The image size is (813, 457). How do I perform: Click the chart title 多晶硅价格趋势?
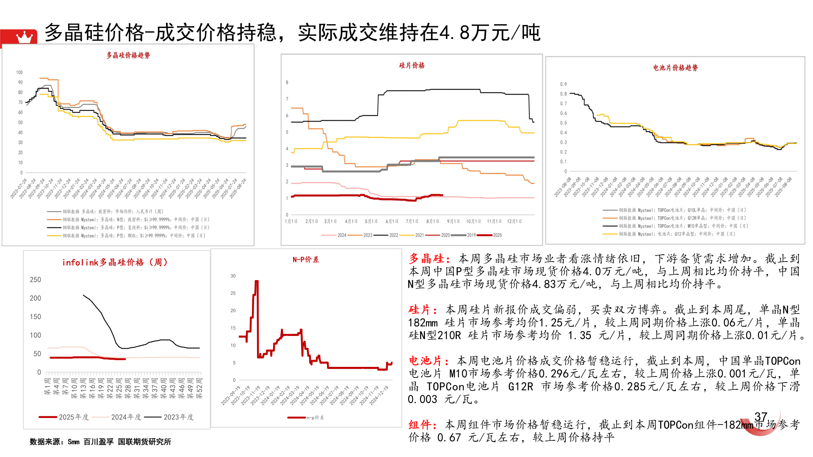point(128,55)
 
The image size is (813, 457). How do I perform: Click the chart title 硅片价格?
point(412,66)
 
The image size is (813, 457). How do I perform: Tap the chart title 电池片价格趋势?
point(675,68)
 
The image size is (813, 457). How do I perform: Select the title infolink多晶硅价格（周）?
point(115,262)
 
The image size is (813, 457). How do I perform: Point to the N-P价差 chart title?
point(306,259)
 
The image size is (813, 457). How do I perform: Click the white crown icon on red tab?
point(24,37)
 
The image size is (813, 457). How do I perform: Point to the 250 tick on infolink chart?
point(36,280)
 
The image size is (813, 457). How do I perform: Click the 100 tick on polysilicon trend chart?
point(19,72)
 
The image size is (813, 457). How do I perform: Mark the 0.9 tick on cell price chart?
point(563,84)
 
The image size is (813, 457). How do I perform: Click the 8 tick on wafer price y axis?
point(287,83)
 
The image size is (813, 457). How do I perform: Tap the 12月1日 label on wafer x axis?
point(514,221)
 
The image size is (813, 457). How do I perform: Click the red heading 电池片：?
point(429,361)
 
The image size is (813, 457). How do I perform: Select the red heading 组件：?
point(422,425)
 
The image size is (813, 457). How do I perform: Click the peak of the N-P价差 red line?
point(257,281)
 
